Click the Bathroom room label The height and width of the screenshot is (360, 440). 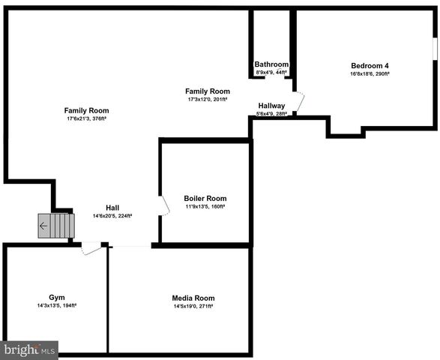tap(271, 64)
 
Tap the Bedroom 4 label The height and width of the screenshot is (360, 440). tap(370, 65)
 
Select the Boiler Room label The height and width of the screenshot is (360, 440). tap(205, 198)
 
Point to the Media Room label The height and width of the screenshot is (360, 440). tap(193, 298)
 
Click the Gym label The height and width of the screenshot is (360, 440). tap(57, 298)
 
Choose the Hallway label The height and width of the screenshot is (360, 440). tap(271, 106)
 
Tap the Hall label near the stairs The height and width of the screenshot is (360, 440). tap(112, 208)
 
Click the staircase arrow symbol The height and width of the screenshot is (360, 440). tap(43, 225)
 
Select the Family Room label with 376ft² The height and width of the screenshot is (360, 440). tap(86, 110)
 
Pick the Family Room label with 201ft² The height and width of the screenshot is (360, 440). tap(208, 91)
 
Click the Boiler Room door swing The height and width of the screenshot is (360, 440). tap(163, 205)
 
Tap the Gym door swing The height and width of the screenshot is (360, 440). tap(91, 247)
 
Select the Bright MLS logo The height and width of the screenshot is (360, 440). tap(29, 349)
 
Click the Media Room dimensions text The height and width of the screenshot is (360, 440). tap(193, 306)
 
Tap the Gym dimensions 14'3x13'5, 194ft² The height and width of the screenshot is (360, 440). tap(57, 306)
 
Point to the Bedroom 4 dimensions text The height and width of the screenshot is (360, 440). tap(370, 73)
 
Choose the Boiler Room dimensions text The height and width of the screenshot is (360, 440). tap(205, 206)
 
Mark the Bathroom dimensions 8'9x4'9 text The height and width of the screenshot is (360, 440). tap(271, 73)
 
